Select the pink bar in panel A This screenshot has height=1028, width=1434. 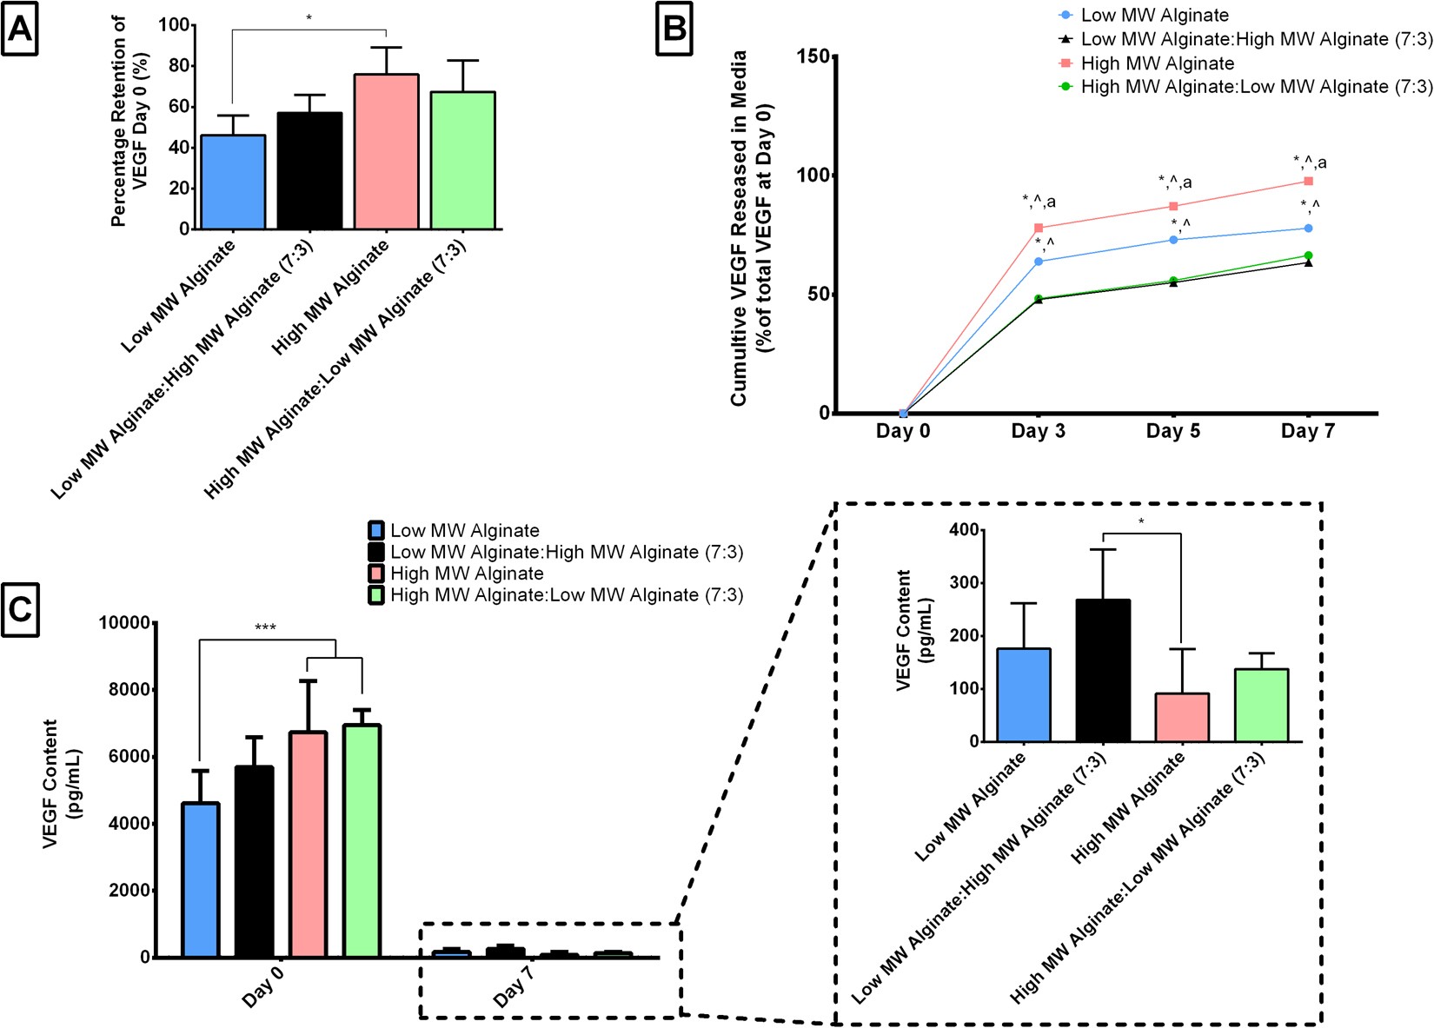(x=386, y=152)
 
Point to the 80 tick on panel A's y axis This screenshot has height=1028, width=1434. (x=177, y=66)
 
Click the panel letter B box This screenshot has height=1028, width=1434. (x=674, y=30)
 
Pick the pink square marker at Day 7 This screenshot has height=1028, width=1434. (x=1308, y=182)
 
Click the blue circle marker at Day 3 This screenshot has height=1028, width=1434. (x=1039, y=261)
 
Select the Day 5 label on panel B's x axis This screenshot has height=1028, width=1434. (x=1172, y=432)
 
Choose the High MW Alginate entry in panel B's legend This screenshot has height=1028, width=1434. (x=1157, y=63)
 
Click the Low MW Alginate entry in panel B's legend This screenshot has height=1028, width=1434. (x=1154, y=16)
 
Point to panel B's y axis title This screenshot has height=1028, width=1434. (x=751, y=228)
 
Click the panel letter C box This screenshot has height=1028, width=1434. (x=19, y=610)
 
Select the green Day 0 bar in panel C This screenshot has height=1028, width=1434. (x=362, y=841)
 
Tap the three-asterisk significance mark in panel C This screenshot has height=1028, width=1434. (x=265, y=627)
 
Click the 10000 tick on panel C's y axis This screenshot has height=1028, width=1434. (x=124, y=623)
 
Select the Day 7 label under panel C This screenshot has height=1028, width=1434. (x=513, y=990)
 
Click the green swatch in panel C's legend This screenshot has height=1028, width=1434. (x=376, y=595)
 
